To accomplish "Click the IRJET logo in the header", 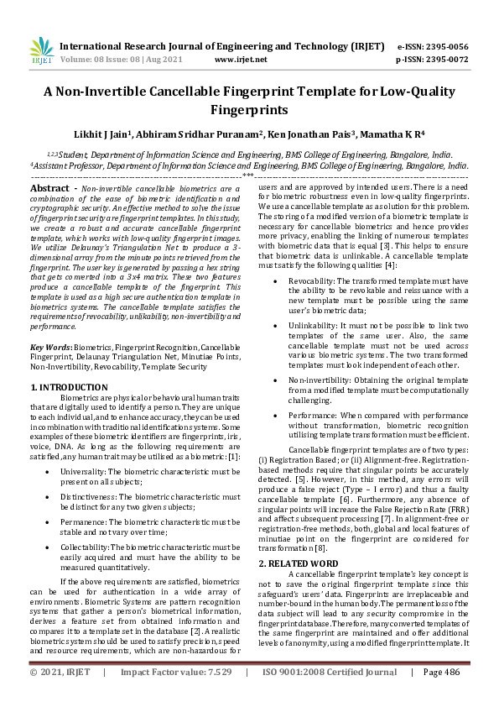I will [40, 52].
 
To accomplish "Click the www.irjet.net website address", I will [241, 60].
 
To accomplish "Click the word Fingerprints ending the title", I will [249, 109].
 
